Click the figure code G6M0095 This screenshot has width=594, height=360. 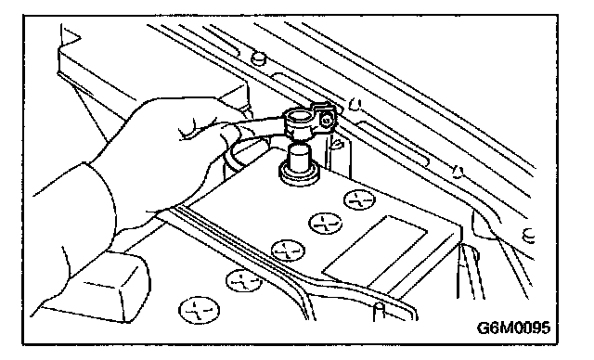click(x=513, y=328)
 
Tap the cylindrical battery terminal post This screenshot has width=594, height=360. click(x=299, y=159)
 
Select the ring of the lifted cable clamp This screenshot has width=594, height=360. click(x=298, y=122)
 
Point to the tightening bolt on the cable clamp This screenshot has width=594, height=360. click(x=326, y=121)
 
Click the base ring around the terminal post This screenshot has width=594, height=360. click(x=299, y=174)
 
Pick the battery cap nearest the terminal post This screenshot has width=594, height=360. click(x=359, y=199)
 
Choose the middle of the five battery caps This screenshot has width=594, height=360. click(x=288, y=251)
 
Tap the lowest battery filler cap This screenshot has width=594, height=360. click(x=199, y=310)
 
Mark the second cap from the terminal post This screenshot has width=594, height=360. click(x=325, y=223)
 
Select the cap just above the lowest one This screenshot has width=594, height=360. click(x=243, y=280)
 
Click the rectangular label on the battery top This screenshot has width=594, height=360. click(x=375, y=251)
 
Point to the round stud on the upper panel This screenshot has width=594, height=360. click(x=258, y=58)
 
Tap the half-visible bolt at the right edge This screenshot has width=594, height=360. click(x=528, y=236)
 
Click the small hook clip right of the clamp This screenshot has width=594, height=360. click(x=354, y=104)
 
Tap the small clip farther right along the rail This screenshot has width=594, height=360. click(x=458, y=172)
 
